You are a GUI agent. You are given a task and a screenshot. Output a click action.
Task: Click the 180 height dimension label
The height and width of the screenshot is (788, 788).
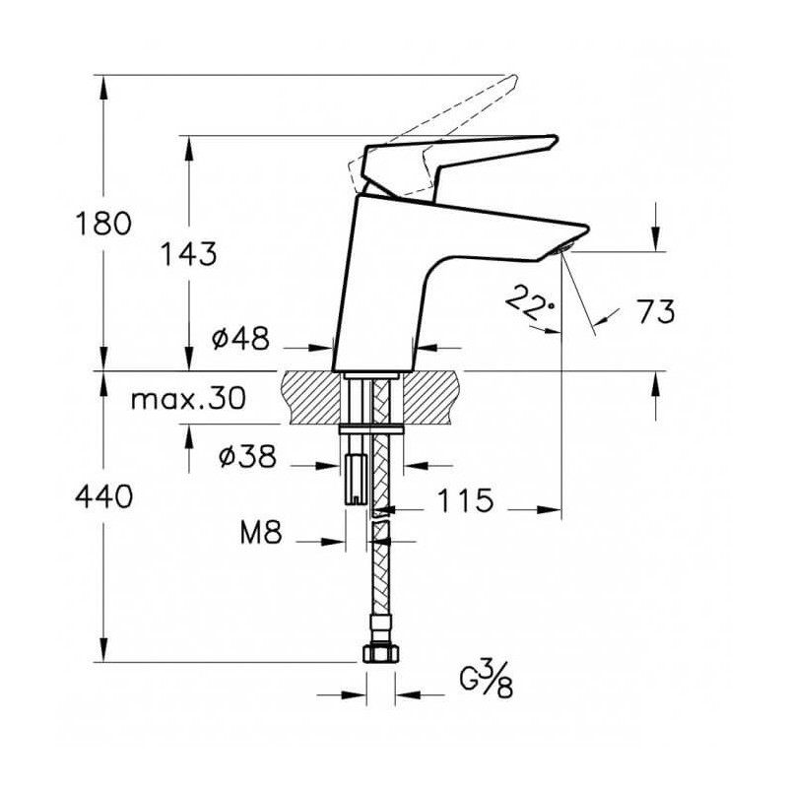[103, 224]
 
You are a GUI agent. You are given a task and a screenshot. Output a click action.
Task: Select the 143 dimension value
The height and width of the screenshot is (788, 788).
[188, 253]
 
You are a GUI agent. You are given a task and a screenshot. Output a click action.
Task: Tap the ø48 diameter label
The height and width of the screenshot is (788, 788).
[240, 338]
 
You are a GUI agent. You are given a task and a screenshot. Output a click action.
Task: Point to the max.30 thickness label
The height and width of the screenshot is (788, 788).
[188, 399]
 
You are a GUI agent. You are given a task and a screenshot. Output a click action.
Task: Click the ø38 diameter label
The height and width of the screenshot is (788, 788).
[248, 456]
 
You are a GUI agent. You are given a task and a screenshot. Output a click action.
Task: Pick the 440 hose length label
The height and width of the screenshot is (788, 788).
[103, 496]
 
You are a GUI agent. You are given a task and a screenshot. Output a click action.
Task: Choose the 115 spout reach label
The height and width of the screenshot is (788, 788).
[465, 500]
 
